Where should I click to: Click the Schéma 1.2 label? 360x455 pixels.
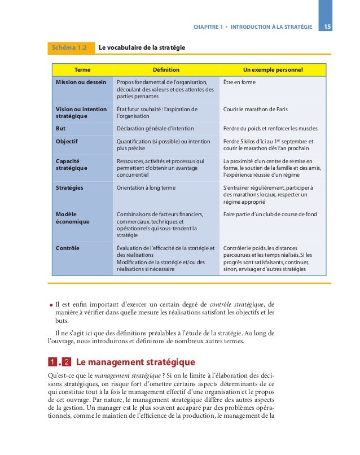coord(69,48)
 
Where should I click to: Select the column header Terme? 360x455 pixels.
coord(82,70)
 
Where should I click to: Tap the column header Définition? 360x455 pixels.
coord(166,70)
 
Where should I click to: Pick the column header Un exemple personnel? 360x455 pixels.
coord(273,70)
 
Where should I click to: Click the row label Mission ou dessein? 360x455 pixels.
coord(81,82)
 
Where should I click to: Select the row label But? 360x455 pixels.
coord(61,128)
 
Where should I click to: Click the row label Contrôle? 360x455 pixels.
coord(68,248)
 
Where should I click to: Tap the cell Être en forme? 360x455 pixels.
coord(239,82)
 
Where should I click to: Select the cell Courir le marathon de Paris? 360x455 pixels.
coord(257,109)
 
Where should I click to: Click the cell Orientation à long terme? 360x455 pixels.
coord(146,187)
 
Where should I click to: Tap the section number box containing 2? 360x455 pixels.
coord(66,362)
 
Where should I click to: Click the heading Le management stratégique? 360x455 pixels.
coord(135,362)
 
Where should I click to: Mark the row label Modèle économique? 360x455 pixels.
coord(72,218)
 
